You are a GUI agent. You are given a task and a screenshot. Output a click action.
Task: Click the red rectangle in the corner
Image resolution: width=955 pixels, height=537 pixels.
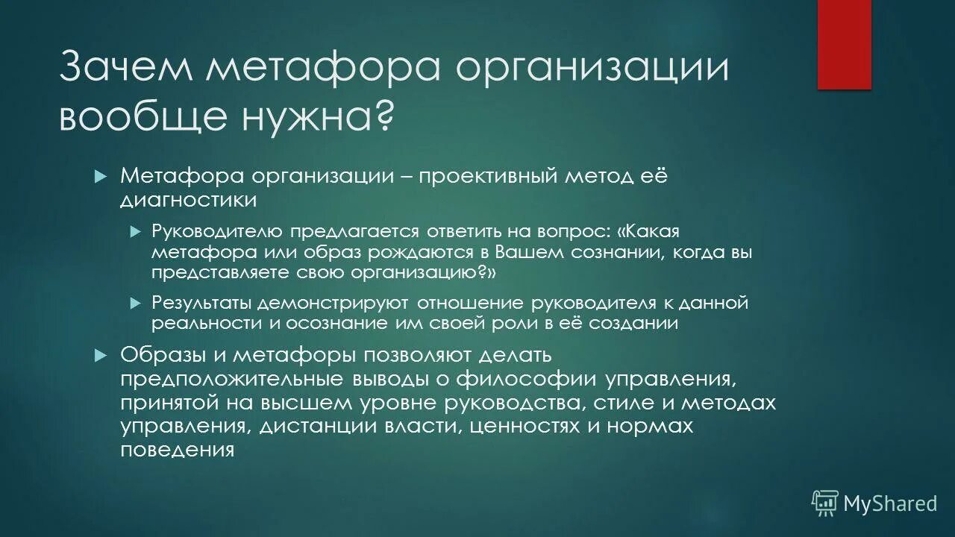click(844, 44)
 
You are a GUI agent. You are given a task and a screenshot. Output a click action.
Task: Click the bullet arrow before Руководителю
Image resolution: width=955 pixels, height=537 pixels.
click(135, 232)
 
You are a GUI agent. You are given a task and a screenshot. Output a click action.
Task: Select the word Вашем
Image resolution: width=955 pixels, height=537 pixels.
click(533, 252)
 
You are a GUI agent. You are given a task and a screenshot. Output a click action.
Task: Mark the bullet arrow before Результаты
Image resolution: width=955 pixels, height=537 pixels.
click(135, 303)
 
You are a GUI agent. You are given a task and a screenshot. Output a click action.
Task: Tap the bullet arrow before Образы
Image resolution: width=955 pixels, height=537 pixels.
click(102, 355)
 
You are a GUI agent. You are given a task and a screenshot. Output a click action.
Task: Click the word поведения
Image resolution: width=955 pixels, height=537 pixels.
click(178, 450)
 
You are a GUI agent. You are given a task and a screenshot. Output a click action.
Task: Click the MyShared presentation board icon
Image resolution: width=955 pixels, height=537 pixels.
click(825, 503)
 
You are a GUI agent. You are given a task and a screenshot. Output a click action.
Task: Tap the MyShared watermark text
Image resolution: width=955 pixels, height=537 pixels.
click(889, 504)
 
